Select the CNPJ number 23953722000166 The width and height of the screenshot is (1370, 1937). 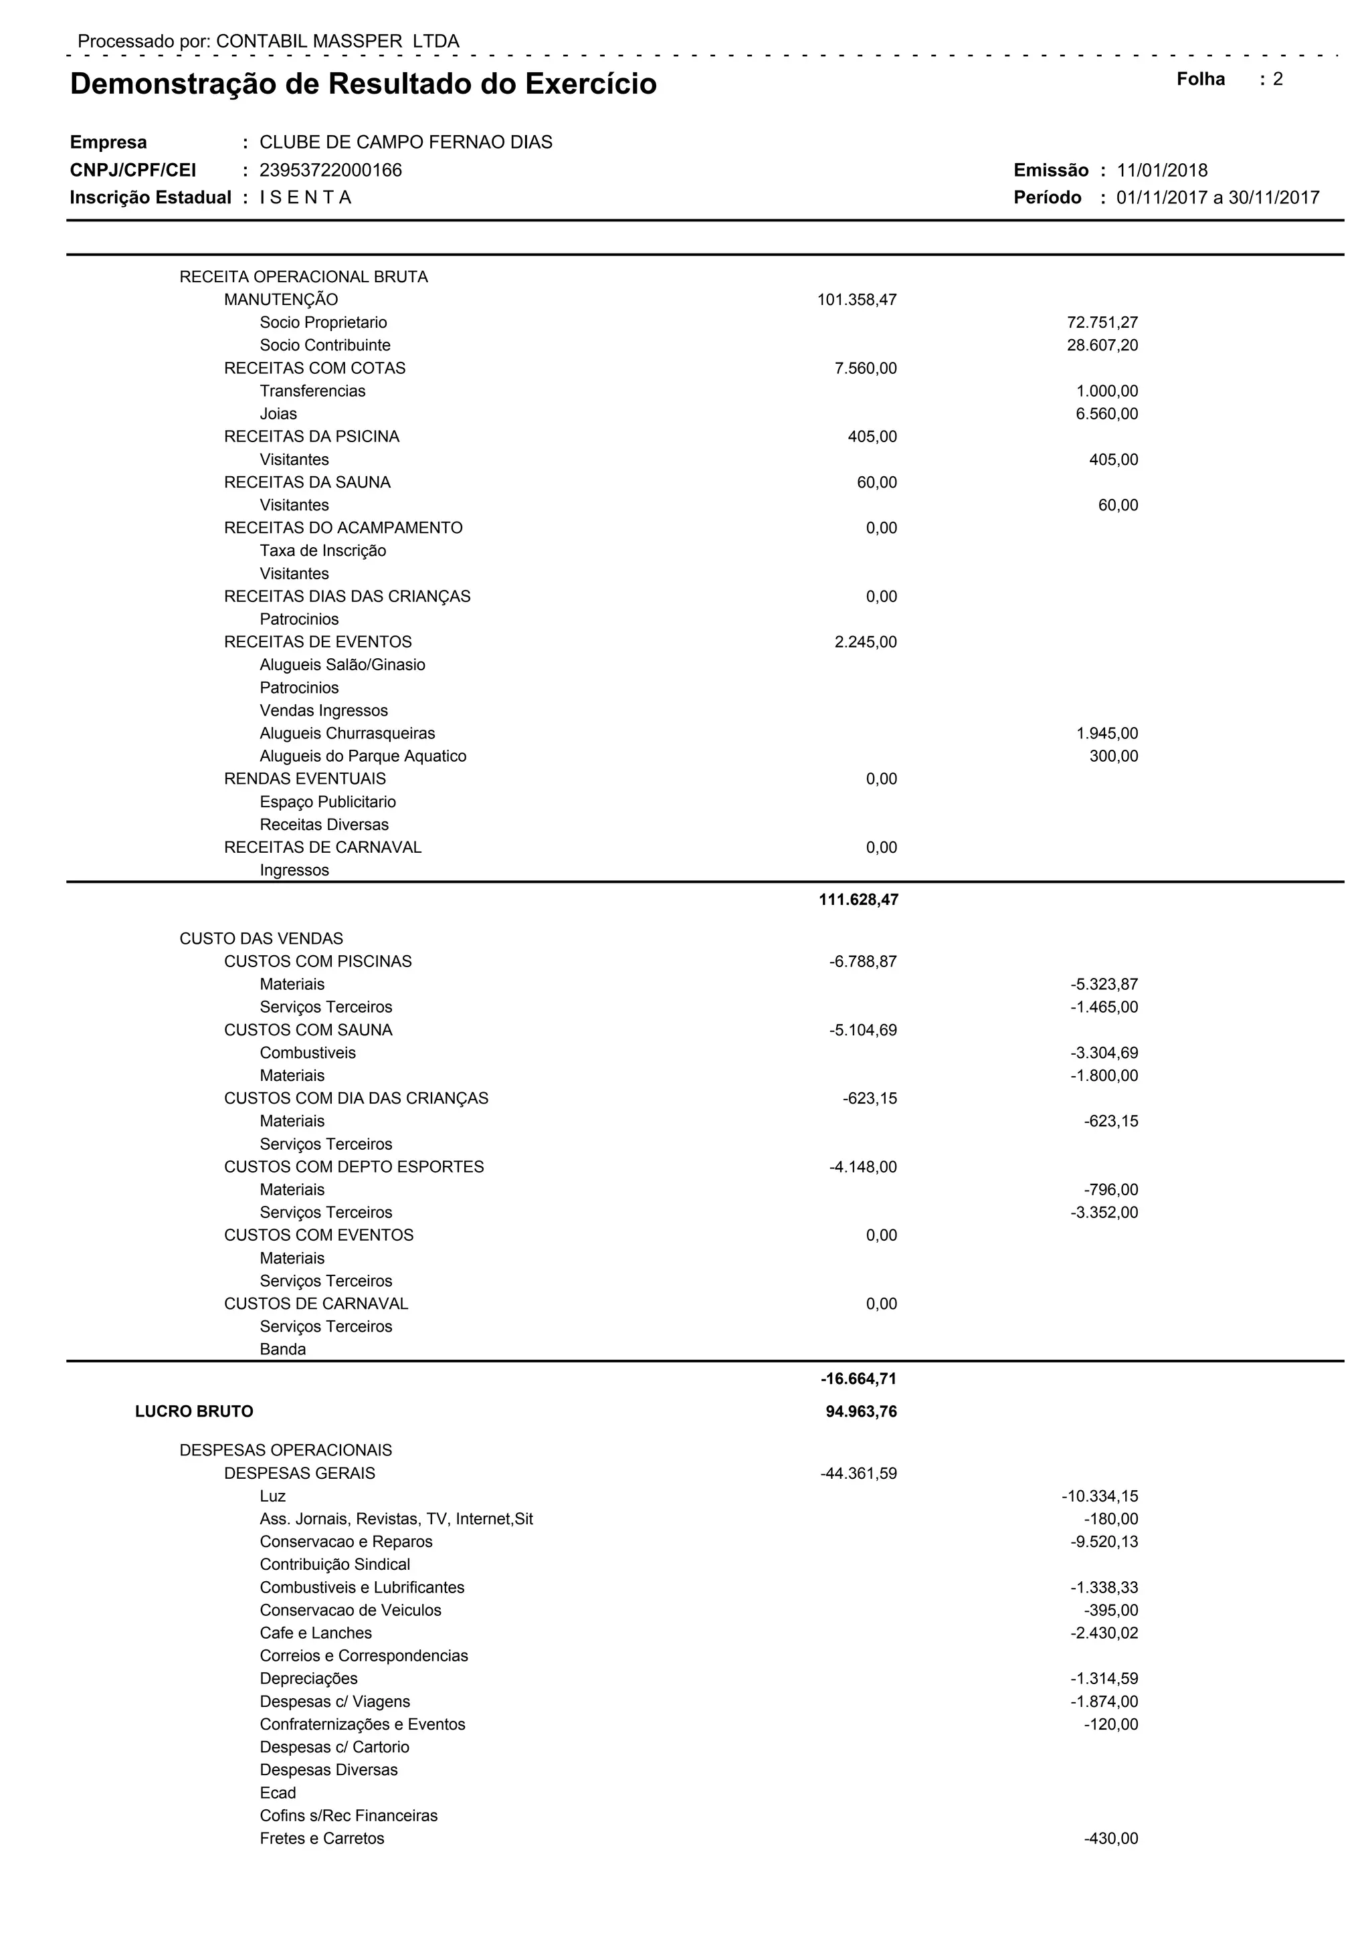(x=330, y=171)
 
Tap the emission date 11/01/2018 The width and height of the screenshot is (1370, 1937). (x=1162, y=171)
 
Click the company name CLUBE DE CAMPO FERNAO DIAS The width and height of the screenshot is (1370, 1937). (x=406, y=142)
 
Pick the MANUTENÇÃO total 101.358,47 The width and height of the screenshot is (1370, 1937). (x=856, y=300)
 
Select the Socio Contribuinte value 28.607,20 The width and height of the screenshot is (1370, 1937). (x=1102, y=345)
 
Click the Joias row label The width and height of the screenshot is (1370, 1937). (x=278, y=414)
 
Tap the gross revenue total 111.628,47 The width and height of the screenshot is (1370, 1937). (x=858, y=900)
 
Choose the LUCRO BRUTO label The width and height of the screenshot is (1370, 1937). (x=194, y=1411)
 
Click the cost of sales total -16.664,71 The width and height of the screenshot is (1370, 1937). (x=858, y=1379)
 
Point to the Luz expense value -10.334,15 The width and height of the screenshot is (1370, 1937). (x=1099, y=1497)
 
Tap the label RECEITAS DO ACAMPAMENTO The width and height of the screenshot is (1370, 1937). (x=343, y=528)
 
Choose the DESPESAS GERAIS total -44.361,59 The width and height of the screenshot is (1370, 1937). (x=858, y=1474)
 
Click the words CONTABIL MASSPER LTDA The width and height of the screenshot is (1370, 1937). (x=337, y=41)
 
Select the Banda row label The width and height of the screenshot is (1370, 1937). (x=282, y=1349)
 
